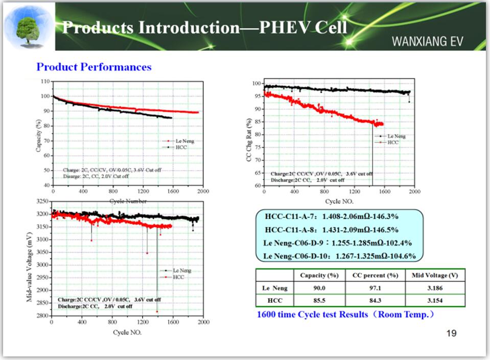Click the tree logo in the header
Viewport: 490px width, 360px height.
click(28, 28)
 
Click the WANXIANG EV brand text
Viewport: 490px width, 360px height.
click(427, 41)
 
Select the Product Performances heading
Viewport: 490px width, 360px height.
click(94, 67)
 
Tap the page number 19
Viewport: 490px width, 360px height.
click(451, 333)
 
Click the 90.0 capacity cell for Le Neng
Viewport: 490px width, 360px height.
click(319, 289)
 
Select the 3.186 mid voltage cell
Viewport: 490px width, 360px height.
click(435, 289)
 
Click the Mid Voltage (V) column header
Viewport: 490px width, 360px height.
click(435, 276)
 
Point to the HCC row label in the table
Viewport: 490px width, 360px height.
click(275, 301)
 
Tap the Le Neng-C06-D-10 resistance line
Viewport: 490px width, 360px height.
click(339, 256)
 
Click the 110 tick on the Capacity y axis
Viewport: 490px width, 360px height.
click(44, 82)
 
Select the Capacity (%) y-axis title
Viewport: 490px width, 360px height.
click(38, 135)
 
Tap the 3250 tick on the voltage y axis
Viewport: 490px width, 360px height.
click(42, 202)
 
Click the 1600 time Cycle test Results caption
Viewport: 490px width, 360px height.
click(345, 315)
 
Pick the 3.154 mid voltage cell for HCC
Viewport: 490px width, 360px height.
click(435, 301)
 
